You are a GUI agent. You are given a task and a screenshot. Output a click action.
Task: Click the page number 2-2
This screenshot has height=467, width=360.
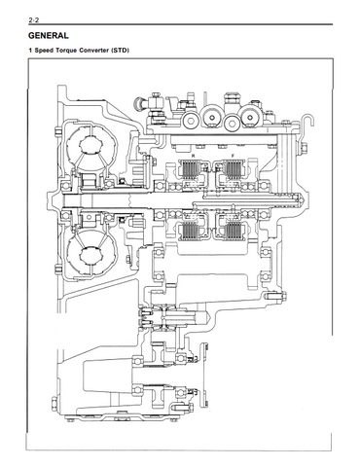click(x=34, y=20)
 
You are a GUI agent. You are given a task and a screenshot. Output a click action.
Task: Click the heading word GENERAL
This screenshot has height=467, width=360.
click(x=49, y=36)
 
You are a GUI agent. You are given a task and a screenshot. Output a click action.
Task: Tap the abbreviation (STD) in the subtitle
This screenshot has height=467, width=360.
click(x=120, y=51)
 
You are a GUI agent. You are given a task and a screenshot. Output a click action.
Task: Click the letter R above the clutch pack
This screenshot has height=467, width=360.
click(x=194, y=156)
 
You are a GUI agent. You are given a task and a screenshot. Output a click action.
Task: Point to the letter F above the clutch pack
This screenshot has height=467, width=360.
click(x=233, y=156)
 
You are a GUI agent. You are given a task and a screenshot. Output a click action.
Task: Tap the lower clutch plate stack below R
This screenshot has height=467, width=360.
click(x=191, y=231)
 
